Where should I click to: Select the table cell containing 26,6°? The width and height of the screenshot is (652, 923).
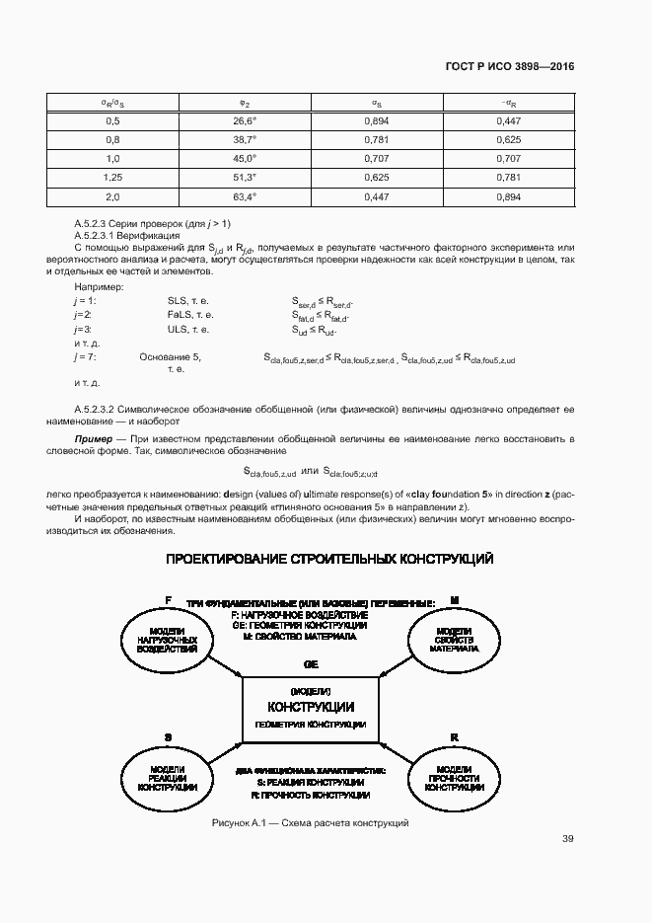[245, 120]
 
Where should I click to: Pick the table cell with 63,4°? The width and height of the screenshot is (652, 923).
[245, 196]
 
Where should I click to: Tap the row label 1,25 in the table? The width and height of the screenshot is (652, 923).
[112, 178]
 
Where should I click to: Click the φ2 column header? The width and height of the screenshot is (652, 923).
[245, 102]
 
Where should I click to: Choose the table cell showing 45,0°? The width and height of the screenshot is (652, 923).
[245, 158]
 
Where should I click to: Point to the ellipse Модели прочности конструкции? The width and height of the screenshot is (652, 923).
[454, 778]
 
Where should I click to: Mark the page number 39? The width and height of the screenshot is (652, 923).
[568, 839]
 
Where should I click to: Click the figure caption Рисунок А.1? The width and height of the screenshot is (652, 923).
[310, 822]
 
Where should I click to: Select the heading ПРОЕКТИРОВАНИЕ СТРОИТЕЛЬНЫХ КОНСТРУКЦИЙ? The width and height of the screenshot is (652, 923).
[329, 560]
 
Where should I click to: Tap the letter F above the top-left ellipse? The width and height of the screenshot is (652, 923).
[168, 600]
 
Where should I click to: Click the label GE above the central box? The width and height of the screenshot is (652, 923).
[311, 665]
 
